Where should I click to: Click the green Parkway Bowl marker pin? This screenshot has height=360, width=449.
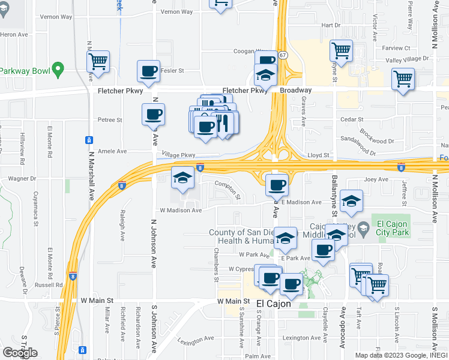58,70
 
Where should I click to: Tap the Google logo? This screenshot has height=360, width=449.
20,353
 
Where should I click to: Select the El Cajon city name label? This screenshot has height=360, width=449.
274,304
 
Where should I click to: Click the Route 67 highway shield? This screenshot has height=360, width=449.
283,55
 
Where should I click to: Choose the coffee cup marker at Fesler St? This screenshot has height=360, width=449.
149,71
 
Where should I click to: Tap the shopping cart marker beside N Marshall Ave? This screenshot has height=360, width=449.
98,61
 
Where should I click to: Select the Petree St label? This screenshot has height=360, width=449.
110,120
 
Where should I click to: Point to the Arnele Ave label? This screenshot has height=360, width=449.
113,152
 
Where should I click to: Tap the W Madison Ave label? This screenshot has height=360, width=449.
180,210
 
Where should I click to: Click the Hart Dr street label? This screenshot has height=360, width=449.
331,25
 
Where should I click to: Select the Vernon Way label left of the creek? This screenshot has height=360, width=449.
58,17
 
